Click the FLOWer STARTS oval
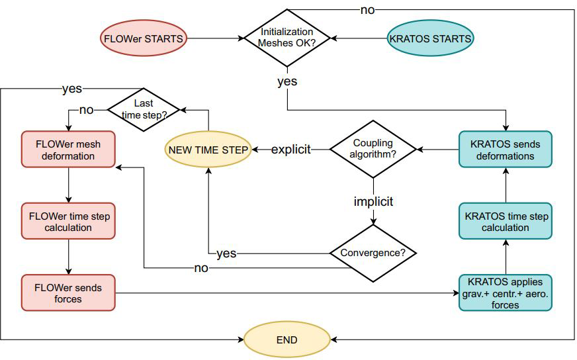pos(143,38)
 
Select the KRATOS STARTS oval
pos(430,38)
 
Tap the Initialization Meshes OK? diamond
pos(287,38)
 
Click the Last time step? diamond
pos(144,109)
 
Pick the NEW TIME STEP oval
pos(208,150)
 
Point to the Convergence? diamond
pos(373,253)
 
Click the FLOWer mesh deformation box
pos(68,150)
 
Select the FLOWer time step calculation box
pos(68,221)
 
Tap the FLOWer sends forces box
pos(68,292)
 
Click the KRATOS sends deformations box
pos(506,150)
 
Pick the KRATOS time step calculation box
pos(506,222)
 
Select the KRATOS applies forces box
pos(506,292)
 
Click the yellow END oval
pos(287,340)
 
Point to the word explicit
pos(290,150)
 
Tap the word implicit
pos(373,201)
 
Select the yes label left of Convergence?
pos(226,253)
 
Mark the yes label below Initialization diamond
pos(287,81)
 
